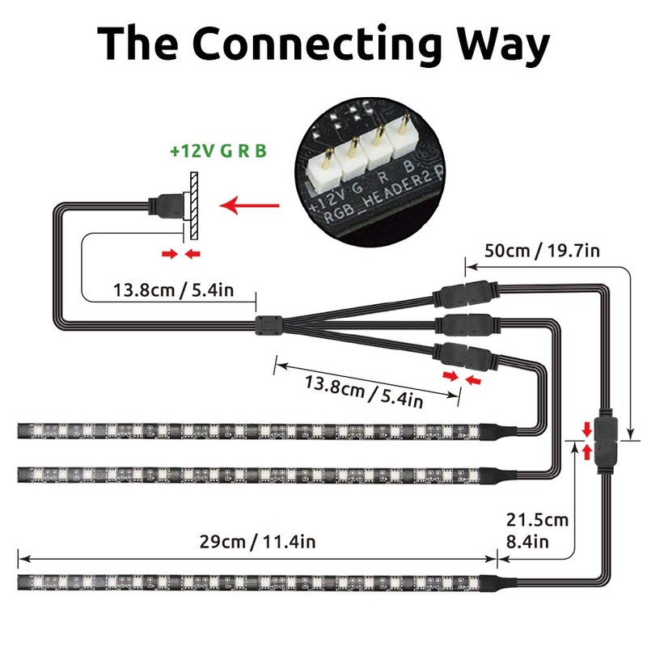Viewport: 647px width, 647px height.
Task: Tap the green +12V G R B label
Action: point(218,150)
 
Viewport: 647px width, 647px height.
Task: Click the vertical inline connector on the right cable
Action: point(605,440)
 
